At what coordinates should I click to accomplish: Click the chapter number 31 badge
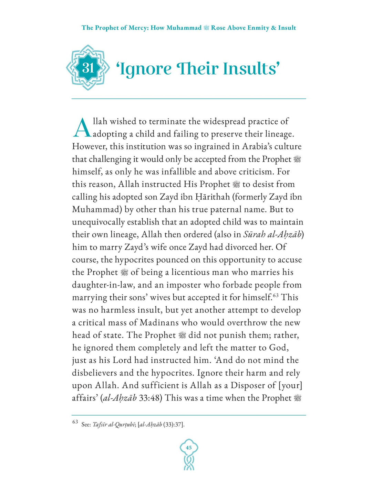click(x=88, y=68)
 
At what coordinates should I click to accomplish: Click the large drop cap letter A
click(x=82, y=128)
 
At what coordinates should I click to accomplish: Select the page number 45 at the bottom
click(x=189, y=448)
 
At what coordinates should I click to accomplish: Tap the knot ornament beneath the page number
click(x=189, y=463)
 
